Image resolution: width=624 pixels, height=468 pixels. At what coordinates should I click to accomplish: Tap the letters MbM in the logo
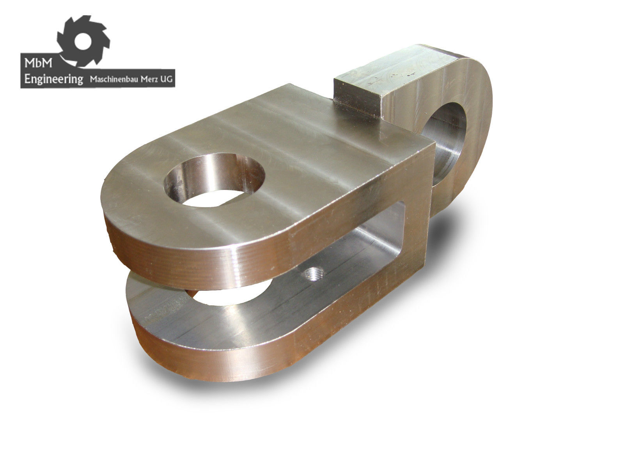coord(38,64)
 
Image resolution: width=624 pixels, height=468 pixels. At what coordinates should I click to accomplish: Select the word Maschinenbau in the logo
coord(113,79)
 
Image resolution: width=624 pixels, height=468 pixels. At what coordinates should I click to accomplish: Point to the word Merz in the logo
coord(149,79)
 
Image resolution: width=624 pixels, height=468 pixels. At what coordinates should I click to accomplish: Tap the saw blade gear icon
coord(83,41)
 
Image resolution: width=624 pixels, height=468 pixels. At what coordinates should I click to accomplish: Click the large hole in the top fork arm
coord(214,179)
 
